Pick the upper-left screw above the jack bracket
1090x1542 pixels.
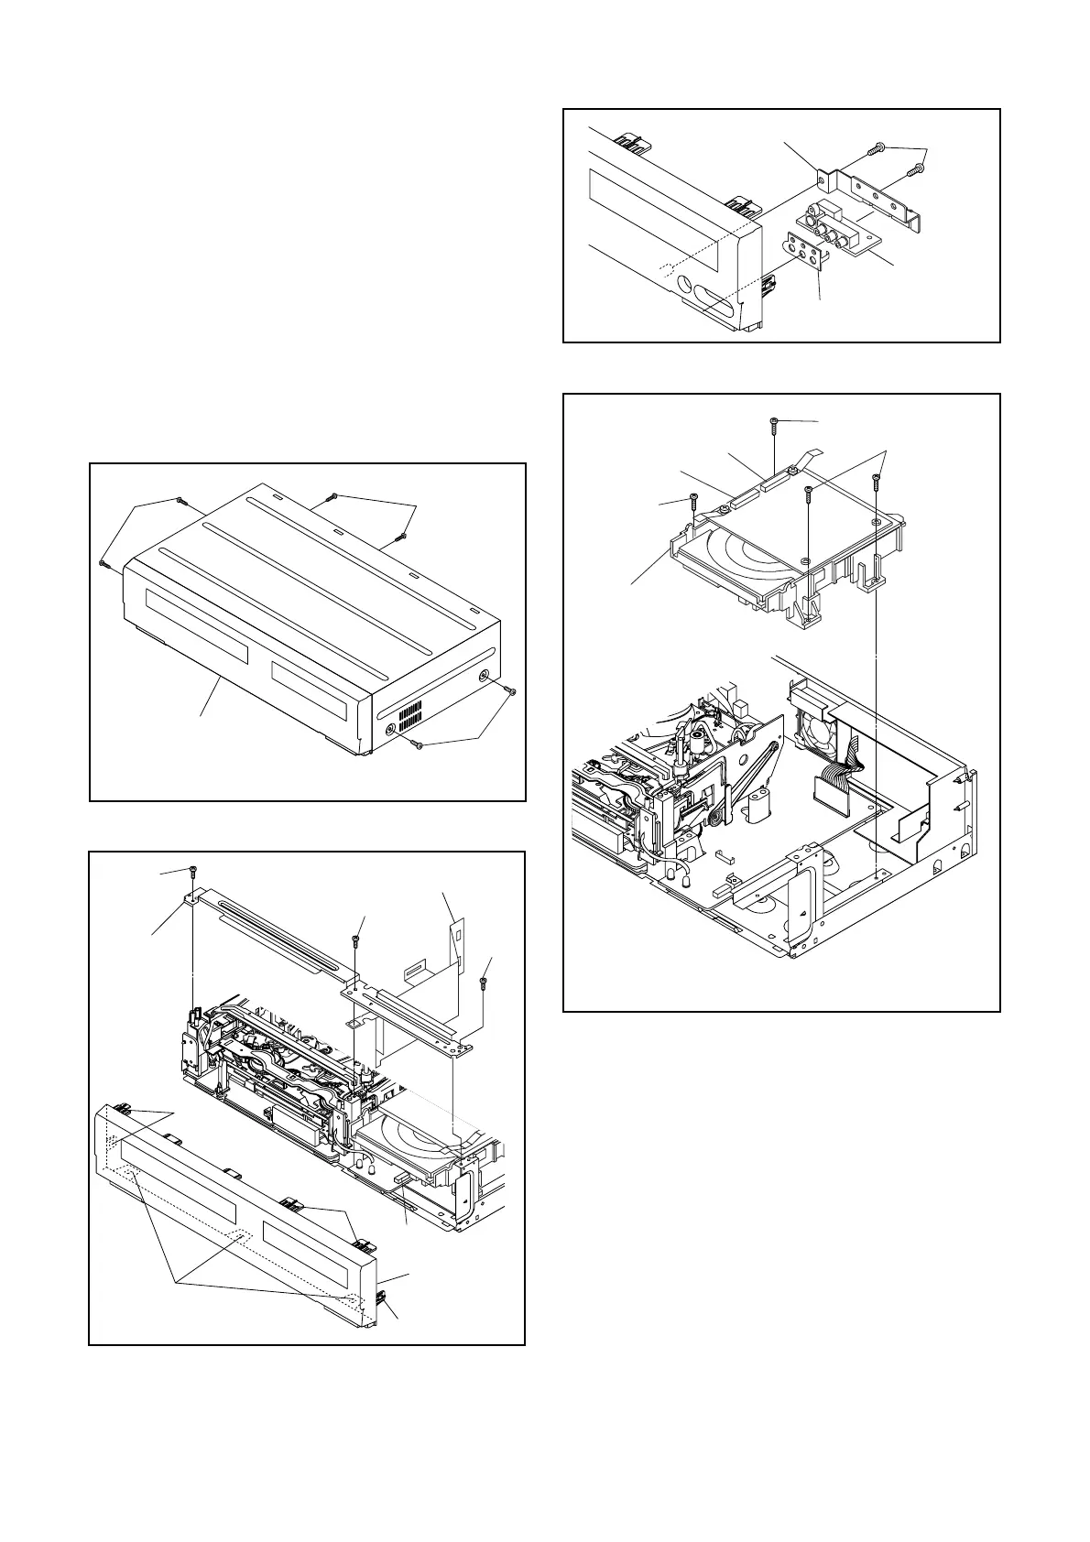point(878,147)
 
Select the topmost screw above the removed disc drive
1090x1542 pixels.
point(774,422)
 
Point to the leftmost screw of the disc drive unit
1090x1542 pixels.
point(692,499)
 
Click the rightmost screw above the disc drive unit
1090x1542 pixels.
point(877,477)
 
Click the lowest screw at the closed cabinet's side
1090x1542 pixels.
point(419,745)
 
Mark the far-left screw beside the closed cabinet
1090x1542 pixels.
point(103,563)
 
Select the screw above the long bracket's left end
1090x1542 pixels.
point(193,869)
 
